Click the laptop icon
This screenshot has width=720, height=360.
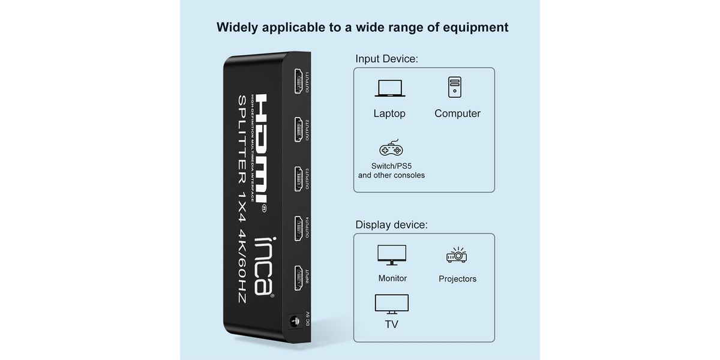pyautogui.click(x=390, y=88)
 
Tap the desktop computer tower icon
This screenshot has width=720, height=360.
pyautogui.click(x=454, y=87)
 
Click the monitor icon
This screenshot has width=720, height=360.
pyautogui.click(x=391, y=254)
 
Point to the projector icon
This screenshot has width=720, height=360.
pyautogui.click(x=457, y=256)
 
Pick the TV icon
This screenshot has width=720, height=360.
pyautogui.click(x=391, y=304)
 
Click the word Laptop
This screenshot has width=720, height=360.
pyautogui.click(x=389, y=113)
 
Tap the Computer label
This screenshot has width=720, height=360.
pyautogui.click(x=457, y=113)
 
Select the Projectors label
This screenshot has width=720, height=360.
pyautogui.click(x=457, y=279)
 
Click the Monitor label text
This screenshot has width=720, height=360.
pyautogui.click(x=392, y=278)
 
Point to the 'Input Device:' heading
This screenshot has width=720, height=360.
pyautogui.click(x=386, y=59)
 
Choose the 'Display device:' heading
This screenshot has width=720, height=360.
pyautogui.click(x=391, y=225)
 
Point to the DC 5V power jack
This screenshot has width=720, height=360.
pyautogui.click(x=295, y=322)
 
